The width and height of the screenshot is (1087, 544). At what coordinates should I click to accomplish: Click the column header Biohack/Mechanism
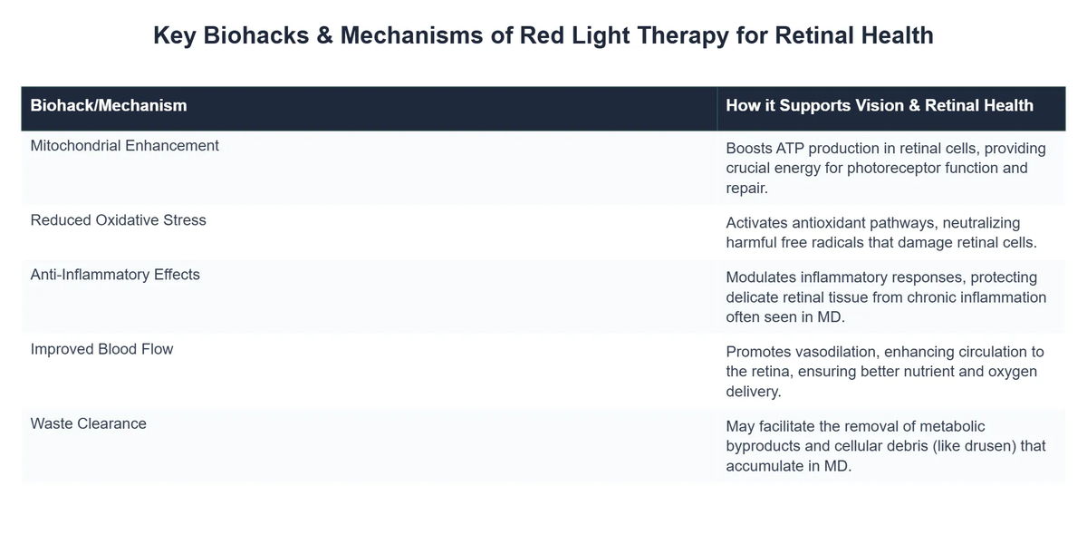click(x=109, y=105)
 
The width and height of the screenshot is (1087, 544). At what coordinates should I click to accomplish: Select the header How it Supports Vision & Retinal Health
click(x=879, y=105)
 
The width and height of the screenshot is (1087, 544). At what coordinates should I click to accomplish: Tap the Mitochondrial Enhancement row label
click(x=125, y=145)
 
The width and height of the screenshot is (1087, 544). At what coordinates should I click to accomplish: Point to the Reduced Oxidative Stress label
click(x=119, y=219)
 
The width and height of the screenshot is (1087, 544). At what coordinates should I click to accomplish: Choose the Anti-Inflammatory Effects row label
click(x=115, y=274)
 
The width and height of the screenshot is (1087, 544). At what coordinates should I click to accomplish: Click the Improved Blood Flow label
click(x=101, y=348)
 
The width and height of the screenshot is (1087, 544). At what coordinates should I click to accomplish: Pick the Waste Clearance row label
click(x=88, y=423)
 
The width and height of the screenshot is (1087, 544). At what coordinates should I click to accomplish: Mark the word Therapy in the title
click(x=676, y=36)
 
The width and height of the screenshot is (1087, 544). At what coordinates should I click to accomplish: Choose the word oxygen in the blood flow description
click(x=1012, y=371)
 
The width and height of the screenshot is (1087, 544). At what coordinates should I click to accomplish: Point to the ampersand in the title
click(x=322, y=36)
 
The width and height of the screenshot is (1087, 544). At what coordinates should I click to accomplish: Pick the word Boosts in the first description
click(x=748, y=148)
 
